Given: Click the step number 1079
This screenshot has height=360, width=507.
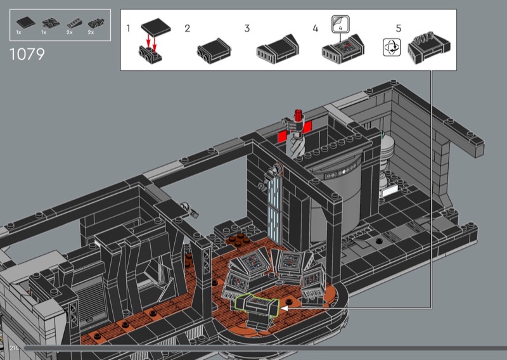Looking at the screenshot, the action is pyautogui.click(x=27, y=54).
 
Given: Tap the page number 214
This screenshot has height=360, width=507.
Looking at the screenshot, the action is pyautogui.click(x=14, y=349).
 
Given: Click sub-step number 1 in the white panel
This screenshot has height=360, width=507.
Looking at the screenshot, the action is pyautogui.click(x=129, y=29).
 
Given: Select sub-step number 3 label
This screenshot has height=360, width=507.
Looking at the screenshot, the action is pyautogui.click(x=247, y=29).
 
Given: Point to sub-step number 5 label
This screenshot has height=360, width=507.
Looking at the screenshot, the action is pyautogui.click(x=399, y=29).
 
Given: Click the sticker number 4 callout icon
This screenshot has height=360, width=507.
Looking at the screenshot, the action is pyautogui.click(x=340, y=24).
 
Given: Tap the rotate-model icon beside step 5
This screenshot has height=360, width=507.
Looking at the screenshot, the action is pyautogui.click(x=392, y=48).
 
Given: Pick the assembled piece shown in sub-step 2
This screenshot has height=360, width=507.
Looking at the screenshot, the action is pyautogui.click(x=214, y=51).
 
